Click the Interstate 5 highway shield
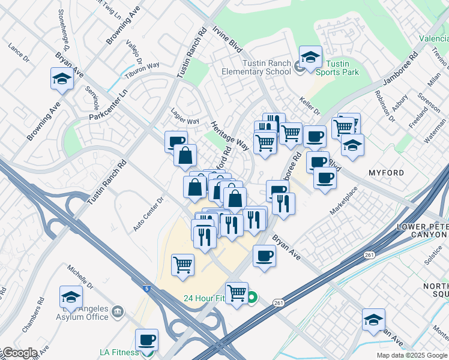[147, 289]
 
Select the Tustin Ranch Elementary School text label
[267, 67]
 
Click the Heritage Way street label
[230, 136]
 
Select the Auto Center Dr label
[148, 214]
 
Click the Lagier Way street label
[185, 121]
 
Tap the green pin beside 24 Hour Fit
[252, 297]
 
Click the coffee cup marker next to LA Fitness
[146, 340]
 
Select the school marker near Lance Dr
[62, 79]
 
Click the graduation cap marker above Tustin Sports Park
[310, 57]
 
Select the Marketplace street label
[344, 200]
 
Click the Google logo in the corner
[19, 353]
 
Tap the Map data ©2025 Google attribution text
[411, 355]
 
